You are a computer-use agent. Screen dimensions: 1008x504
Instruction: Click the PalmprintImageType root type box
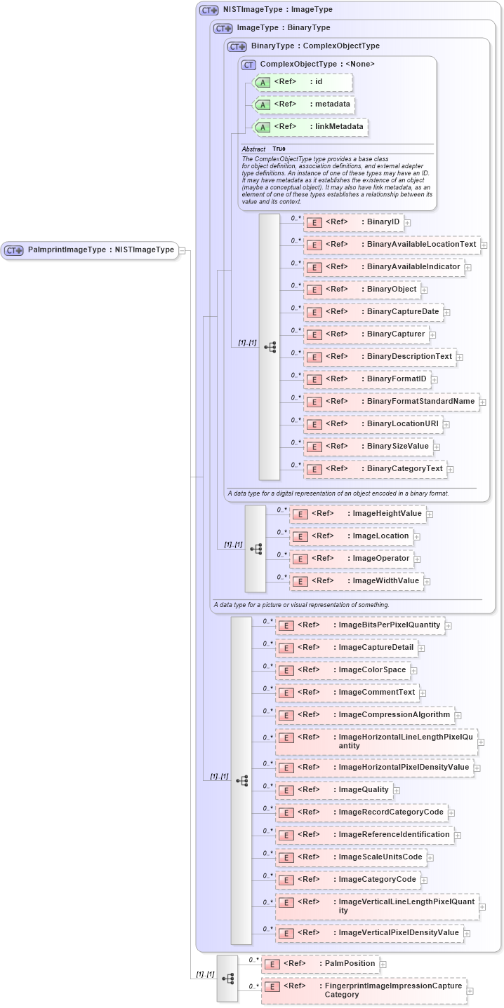(x=90, y=250)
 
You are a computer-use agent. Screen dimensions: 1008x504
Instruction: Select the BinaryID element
(x=353, y=222)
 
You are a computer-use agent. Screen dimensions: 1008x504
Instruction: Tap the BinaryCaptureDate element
(x=373, y=312)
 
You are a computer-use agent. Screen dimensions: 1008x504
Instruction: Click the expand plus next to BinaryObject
(x=424, y=290)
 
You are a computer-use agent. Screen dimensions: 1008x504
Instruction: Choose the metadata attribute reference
(x=304, y=104)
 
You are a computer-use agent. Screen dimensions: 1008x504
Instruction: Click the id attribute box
(x=303, y=82)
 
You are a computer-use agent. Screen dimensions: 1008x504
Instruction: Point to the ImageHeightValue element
(x=357, y=514)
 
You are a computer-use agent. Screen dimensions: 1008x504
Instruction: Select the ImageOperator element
(x=351, y=559)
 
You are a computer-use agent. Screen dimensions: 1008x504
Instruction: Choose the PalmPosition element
(x=320, y=964)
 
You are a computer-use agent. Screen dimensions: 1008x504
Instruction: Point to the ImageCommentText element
(x=347, y=693)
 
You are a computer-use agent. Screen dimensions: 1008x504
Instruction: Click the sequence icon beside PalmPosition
(x=227, y=978)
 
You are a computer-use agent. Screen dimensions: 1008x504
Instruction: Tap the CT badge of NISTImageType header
(x=209, y=11)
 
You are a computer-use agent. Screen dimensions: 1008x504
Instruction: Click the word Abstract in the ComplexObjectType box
(x=253, y=149)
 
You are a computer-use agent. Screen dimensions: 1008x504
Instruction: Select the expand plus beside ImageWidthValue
(x=427, y=581)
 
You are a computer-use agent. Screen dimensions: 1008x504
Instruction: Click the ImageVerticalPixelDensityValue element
(x=369, y=933)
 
